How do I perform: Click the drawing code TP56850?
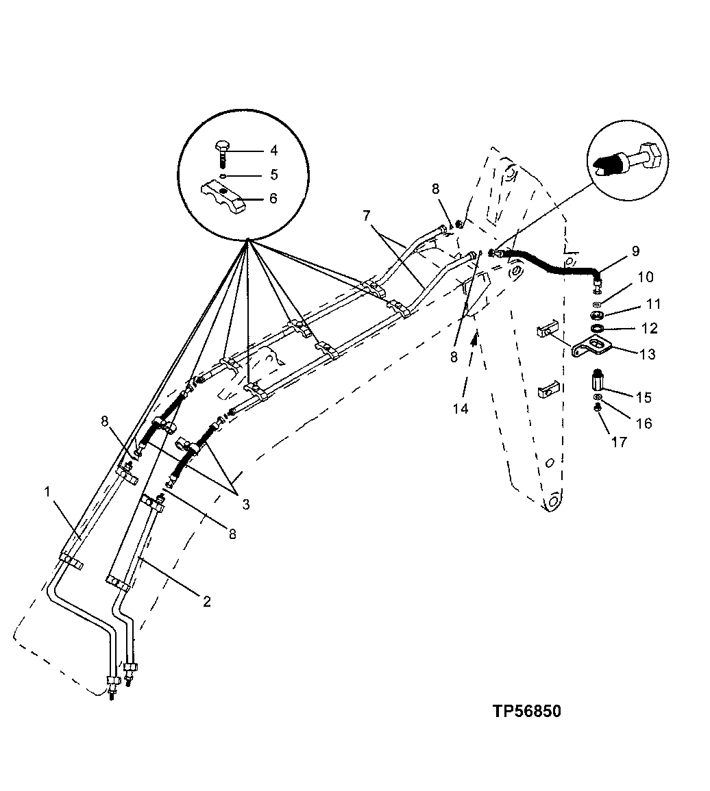click(x=526, y=711)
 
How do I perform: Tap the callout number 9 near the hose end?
click(x=635, y=251)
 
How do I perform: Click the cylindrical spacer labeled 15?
click(x=596, y=379)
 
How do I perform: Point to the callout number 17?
click(x=619, y=442)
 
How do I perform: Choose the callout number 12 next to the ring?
click(x=650, y=329)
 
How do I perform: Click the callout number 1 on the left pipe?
click(x=47, y=492)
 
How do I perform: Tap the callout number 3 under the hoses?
click(x=245, y=503)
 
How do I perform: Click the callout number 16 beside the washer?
click(x=643, y=423)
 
